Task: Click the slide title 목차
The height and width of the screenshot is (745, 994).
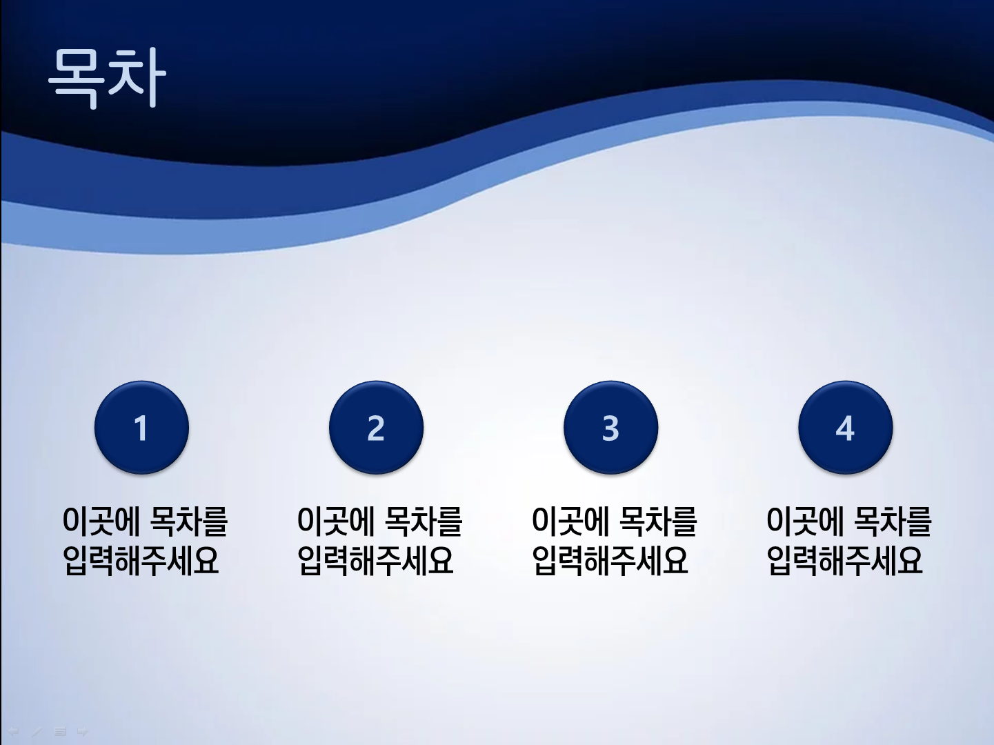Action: (108, 78)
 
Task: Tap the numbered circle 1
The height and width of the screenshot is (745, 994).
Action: (141, 428)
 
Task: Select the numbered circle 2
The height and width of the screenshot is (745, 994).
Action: (377, 428)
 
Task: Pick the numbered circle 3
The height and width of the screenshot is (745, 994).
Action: (611, 428)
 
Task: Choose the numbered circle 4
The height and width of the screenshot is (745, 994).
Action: (846, 428)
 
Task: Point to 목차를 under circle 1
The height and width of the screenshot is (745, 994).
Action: (188, 521)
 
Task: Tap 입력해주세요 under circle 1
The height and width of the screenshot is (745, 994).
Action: (141, 561)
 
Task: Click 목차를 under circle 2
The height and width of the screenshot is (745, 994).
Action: (423, 521)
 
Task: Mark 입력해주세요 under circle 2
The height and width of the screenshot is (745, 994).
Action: (375, 561)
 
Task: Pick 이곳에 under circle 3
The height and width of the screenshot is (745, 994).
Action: (570, 521)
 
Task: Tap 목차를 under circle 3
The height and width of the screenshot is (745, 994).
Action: (657, 521)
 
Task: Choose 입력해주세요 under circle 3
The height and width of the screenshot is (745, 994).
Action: (610, 561)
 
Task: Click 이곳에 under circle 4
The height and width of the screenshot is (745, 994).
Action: (805, 521)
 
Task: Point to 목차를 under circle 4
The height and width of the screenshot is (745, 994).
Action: (892, 521)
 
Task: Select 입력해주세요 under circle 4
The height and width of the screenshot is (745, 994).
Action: (844, 561)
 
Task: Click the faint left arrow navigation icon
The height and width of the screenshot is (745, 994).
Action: (14, 731)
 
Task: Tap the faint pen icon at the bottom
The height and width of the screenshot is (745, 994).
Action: (37, 731)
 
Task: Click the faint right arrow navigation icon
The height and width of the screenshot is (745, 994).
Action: (82, 731)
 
